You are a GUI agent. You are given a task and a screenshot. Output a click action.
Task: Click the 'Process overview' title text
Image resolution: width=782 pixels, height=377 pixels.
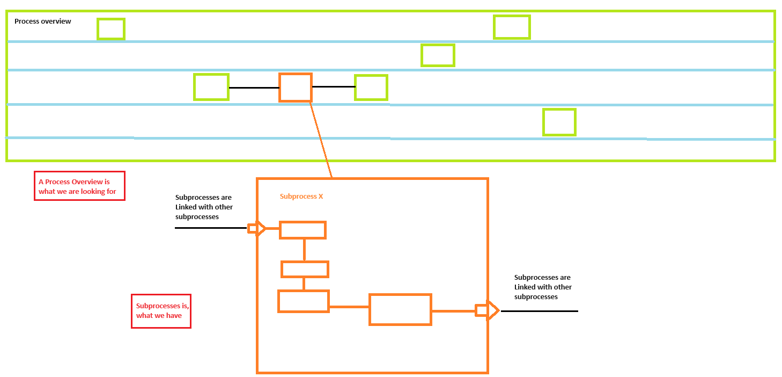click(x=42, y=21)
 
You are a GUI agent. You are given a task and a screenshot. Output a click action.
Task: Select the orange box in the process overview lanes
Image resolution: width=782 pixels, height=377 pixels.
click(x=296, y=88)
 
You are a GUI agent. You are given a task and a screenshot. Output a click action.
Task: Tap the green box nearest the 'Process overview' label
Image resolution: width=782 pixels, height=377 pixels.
click(x=111, y=29)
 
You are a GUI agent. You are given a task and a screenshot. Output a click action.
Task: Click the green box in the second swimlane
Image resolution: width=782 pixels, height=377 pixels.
click(x=438, y=55)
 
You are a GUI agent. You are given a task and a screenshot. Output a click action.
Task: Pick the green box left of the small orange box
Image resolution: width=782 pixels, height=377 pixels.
click(x=211, y=87)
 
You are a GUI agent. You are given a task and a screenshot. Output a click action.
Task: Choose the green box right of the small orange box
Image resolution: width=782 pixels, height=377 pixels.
click(x=371, y=88)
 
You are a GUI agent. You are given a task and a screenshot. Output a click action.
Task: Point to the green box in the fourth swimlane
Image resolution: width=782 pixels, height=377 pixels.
click(x=559, y=122)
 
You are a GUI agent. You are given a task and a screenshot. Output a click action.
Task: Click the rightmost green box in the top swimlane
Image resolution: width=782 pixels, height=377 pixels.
click(x=512, y=27)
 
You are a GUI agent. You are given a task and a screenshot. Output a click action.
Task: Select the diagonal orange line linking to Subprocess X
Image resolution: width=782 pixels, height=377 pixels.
click(x=321, y=140)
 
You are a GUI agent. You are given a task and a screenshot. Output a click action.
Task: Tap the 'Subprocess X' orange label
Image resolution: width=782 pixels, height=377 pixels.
click(x=301, y=197)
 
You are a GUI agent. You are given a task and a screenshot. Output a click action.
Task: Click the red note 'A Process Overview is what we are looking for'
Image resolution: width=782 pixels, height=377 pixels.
click(x=79, y=186)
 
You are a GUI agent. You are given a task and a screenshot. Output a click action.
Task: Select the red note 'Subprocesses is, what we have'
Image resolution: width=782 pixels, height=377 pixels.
click(x=161, y=311)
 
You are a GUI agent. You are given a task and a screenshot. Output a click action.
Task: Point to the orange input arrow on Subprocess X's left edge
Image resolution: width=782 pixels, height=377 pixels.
click(x=256, y=229)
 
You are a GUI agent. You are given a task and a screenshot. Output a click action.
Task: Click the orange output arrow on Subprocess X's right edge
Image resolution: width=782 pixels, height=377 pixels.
click(x=488, y=310)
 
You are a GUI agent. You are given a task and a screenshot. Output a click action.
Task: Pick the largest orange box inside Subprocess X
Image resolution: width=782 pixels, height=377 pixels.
click(x=400, y=309)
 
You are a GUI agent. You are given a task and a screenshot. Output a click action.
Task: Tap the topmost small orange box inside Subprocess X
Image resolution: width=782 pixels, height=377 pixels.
click(x=303, y=230)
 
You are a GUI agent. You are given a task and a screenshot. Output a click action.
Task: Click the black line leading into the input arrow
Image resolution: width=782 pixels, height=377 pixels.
click(x=210, y=228)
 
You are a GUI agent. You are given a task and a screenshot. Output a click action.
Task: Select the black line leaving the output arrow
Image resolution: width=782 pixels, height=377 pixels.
click(x=539, y=311)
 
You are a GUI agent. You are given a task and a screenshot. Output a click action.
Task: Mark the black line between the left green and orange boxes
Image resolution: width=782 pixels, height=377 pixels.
click(x=254, y=88)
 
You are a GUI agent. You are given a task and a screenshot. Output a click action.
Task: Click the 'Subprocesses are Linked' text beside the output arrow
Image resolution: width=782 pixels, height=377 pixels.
click(x=543, y=287)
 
